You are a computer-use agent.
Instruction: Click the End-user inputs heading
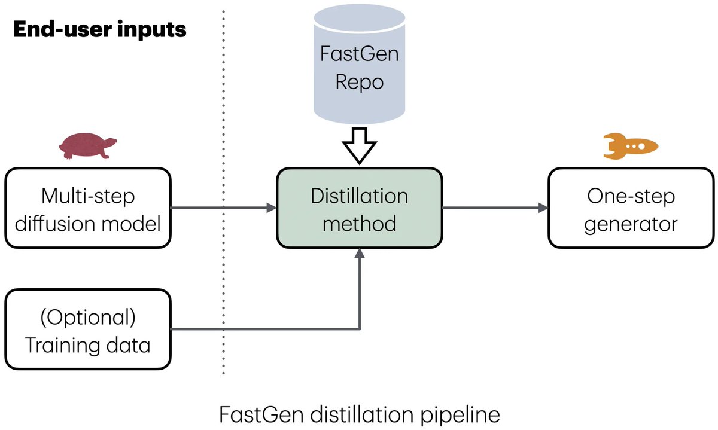click(100, 29)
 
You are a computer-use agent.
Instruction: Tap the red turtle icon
click(87, 147)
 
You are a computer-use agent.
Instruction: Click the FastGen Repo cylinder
click(359, 66)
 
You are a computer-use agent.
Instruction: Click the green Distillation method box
click(359, 208)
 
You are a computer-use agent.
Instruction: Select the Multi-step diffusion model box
click(88, 208)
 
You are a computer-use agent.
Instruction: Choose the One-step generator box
click(631, 208)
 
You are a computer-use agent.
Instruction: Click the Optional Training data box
click(88, 330)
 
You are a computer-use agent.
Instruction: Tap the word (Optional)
click(88, 316)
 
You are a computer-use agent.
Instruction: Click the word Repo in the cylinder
click(359, 81)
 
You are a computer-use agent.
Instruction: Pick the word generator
click(631, 224)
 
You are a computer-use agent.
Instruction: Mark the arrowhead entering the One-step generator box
click(543, 208)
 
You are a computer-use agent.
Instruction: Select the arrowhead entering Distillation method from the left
click(271, 208)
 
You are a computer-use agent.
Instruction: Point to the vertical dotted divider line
click(224, 191)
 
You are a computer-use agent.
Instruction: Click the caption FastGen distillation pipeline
click(359, 414)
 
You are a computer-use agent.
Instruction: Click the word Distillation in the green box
click(359, 196)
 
